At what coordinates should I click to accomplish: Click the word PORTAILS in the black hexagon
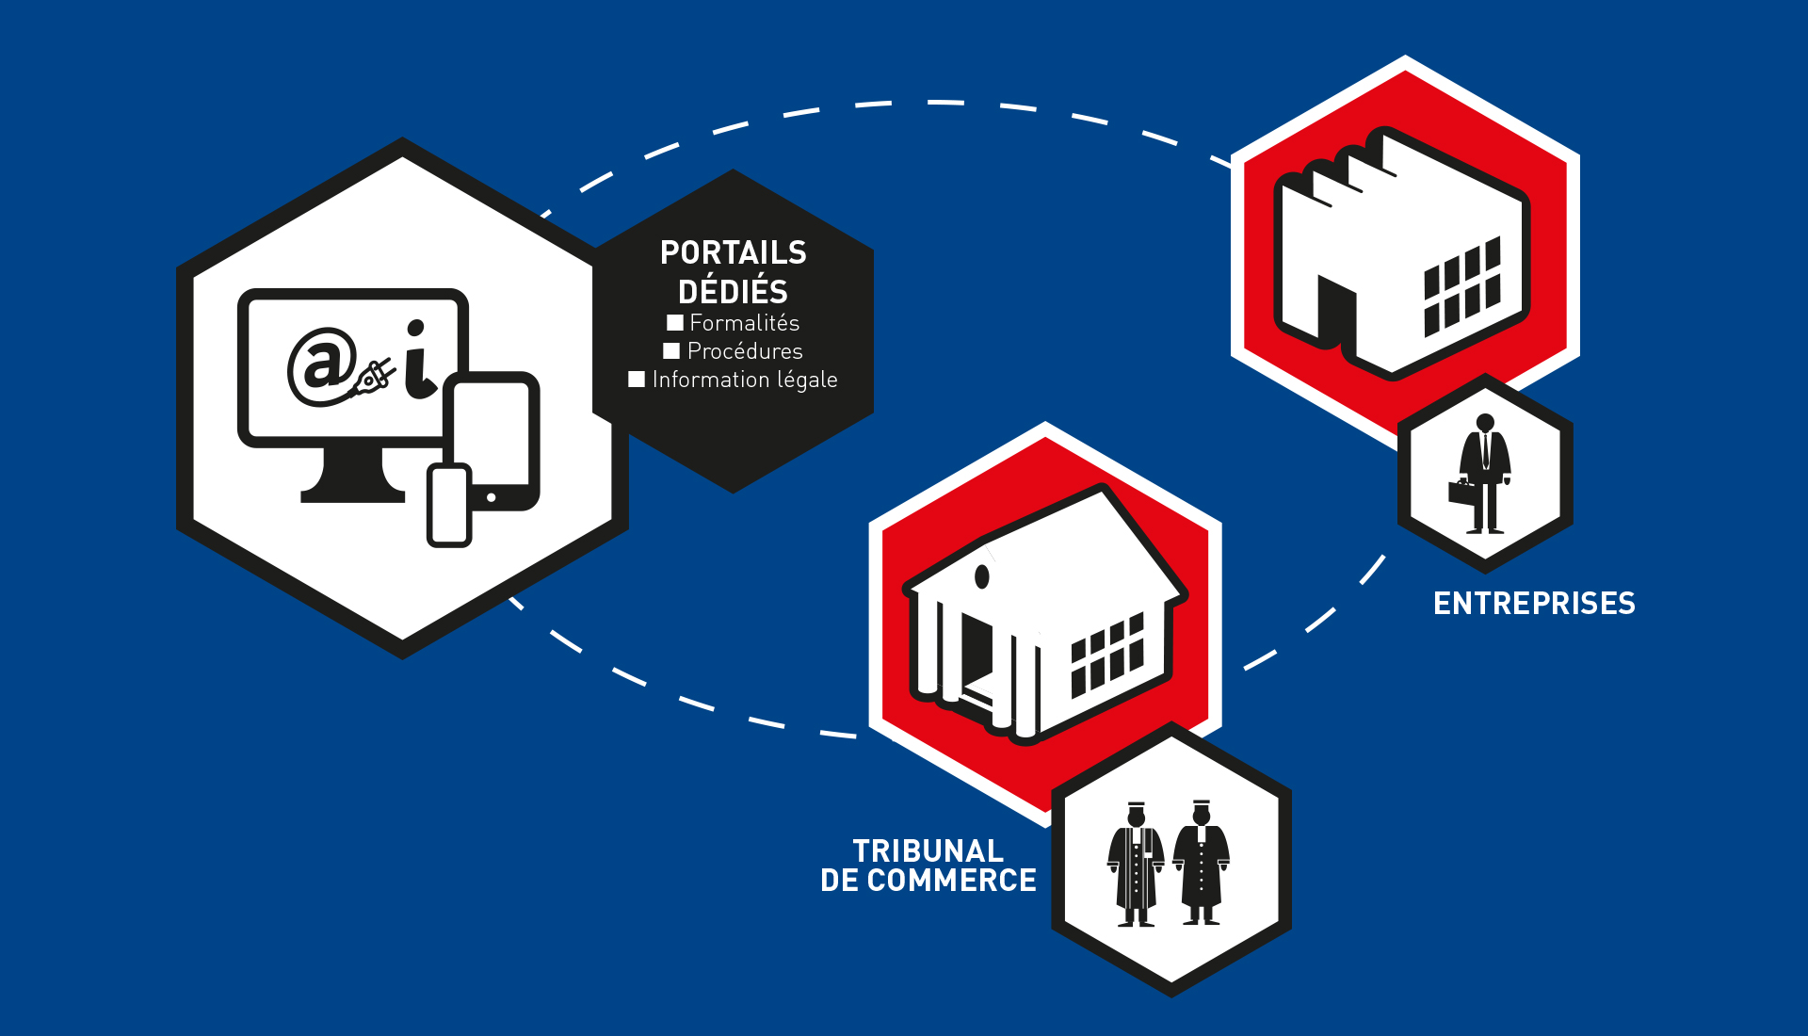tap(733, 252)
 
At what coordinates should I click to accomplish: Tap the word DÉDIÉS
tap(733, 292)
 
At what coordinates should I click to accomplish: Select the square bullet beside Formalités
tap(674, 323)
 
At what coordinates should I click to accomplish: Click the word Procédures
tap(745, 351)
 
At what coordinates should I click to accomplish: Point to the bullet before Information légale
tap(637, 380)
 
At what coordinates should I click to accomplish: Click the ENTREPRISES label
tap(1534, 604)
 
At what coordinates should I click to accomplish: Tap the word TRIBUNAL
tap(928, 851)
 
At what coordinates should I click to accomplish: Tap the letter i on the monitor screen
tap(418, 362)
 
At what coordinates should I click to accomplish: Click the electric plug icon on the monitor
tap(374, 379)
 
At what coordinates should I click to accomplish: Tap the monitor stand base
tap(353, 490)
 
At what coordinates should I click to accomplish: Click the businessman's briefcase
tap(1461, 492)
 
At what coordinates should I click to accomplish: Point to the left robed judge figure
tap(1136, 865)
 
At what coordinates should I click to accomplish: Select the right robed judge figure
tap(1202, 863)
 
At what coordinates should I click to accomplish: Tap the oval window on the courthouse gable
tap(982, 576)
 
